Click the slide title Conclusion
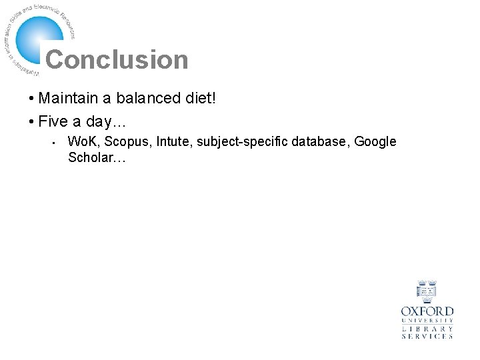(117, 60)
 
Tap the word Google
(375, 142)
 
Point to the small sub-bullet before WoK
(51, 143)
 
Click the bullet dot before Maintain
(31, 100)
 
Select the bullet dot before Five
(31, 123)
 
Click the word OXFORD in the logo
(427, 311)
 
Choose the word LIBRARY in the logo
(427, 329)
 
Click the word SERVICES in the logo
(427, 337)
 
